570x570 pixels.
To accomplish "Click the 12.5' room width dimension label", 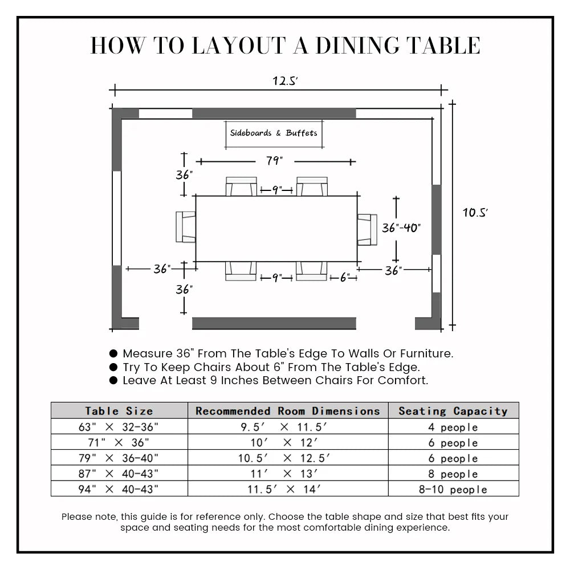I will (x=286, y=81).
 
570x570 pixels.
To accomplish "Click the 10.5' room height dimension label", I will (x=475, y=213).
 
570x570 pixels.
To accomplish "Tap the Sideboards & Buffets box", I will (x=274, y=133).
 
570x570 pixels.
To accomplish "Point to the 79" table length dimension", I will (x=275, y=161).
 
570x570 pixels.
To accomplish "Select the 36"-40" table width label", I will (x=401, y=228).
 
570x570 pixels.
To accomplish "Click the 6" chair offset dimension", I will (x=345, y=278).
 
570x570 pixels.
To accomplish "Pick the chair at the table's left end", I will (x=185, y=226).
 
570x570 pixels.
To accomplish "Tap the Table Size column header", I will (x=119, y=410).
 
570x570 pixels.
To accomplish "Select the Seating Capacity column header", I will (x=453, y=410).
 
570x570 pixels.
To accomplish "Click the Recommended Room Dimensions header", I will (x=288, y=410).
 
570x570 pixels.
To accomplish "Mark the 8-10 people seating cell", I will (x=453, y=489).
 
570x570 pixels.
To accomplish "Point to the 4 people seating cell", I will (x=453, y=427).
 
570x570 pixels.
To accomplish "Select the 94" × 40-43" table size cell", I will (x=119, y=489).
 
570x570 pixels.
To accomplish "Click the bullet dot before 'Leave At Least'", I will (x=113, y=380).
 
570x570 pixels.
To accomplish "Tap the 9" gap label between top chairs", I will (x=276, y=190).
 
